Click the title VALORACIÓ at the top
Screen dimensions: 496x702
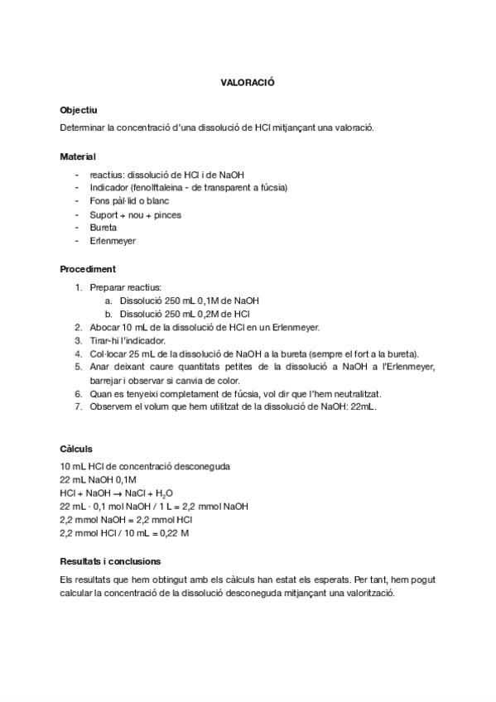click(x=247, y=84)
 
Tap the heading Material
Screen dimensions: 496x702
click(x=78, y=156)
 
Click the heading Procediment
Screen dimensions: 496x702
click(x=88, y=269)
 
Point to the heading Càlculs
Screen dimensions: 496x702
click(x=76, y=449)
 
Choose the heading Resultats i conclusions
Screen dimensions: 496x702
click(x=111, y=561)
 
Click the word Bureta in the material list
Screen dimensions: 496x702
click(x=104, y=227)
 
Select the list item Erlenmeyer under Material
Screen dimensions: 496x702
click(x=113, y=240)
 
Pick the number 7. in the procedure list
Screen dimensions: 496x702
click(x=78, y=406)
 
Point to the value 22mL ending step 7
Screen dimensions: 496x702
click(x=364, y=406)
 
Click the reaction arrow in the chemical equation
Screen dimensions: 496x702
click(x=116, y=493)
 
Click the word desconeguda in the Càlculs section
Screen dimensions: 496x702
click(x=200, y=466)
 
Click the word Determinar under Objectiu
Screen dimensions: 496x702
click(x=83, y=127)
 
